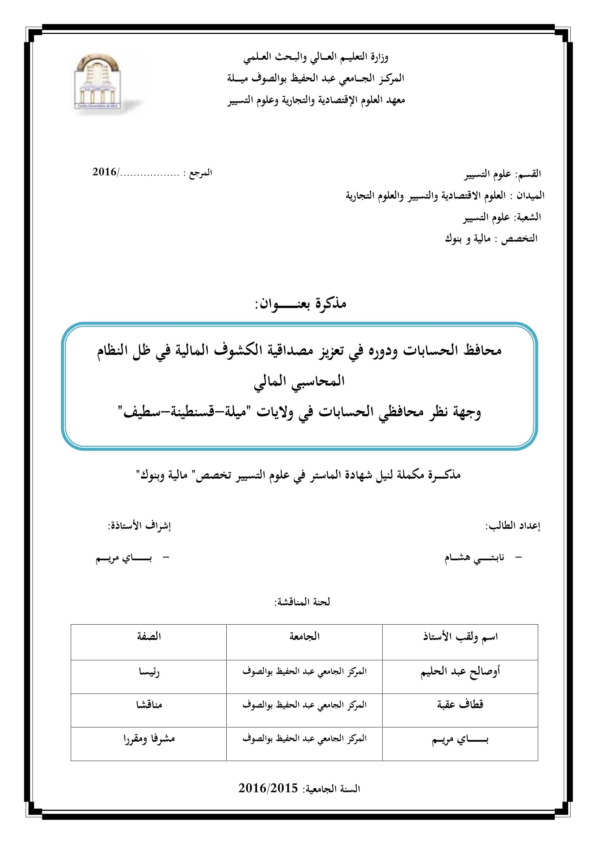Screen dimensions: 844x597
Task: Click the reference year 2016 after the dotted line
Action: [104, 172]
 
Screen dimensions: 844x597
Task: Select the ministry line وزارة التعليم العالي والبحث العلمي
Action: [315, 57]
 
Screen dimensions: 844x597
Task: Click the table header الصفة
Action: [149, 636]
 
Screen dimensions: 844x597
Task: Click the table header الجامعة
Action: [304, 636]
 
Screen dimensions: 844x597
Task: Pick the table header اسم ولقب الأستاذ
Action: [460, 637]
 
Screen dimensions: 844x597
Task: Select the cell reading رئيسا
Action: [149, 672]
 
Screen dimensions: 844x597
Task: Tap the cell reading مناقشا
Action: [149, 705]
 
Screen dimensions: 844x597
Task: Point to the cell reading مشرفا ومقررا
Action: [149, 739]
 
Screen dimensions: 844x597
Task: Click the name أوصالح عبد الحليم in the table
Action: [460, 672]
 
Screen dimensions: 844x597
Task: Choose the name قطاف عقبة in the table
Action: [460, 705]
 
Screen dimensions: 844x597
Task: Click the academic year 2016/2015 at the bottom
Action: [268, 788]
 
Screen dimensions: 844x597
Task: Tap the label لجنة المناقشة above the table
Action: [302, 602]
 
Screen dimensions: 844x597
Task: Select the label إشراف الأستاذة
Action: [139, 526]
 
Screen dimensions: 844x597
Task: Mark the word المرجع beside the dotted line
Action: [201, 172]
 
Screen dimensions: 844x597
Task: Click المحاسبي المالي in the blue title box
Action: [299, 381]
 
